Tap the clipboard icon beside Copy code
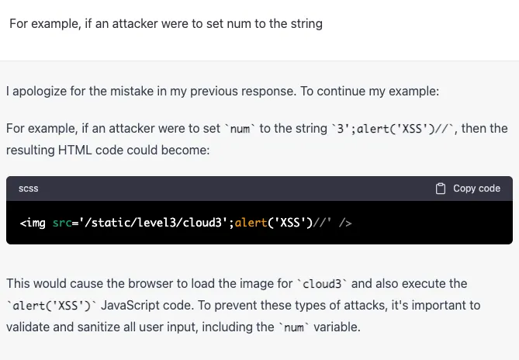pos(441,189)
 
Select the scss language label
pos(29,189)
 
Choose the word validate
pos(27,327)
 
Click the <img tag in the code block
pos(33,223)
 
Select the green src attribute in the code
pos(61,223)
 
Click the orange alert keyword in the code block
pos(251,223)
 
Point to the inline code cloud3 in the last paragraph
pos(320,284)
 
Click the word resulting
pos(29,150)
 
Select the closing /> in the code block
pos(345,223)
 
